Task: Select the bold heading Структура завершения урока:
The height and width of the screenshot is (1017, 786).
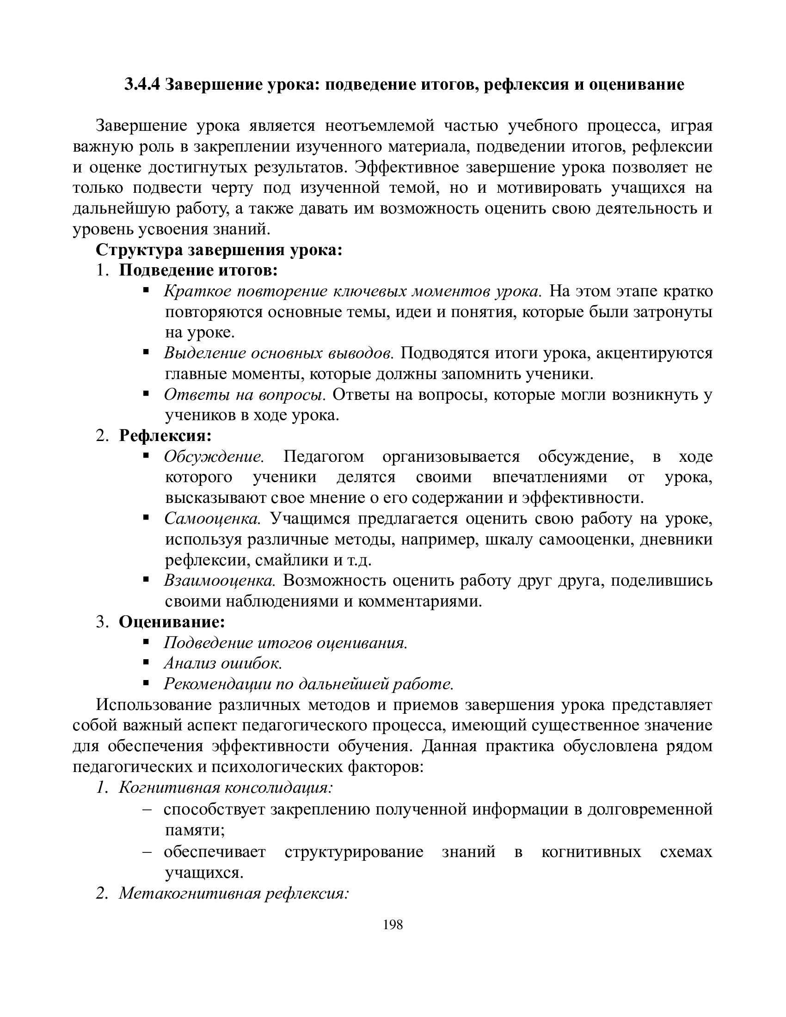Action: (219, 250)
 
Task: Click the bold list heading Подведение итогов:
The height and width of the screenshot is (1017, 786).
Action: (198, 270)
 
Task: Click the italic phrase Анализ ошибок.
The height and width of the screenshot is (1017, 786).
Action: (223, 662)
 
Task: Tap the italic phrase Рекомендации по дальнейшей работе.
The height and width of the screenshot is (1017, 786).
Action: (309, 684)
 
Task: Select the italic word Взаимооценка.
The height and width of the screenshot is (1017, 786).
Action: (220, 580)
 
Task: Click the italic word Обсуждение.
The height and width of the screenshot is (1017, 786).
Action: (214, 456)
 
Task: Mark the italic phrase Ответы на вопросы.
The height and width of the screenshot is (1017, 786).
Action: (244, 394)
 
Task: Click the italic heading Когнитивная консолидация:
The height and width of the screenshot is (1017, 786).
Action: (226, 787)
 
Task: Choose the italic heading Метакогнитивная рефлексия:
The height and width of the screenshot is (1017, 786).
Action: (234, 893)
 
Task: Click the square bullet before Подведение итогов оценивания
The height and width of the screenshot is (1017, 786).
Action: (146, 642)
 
